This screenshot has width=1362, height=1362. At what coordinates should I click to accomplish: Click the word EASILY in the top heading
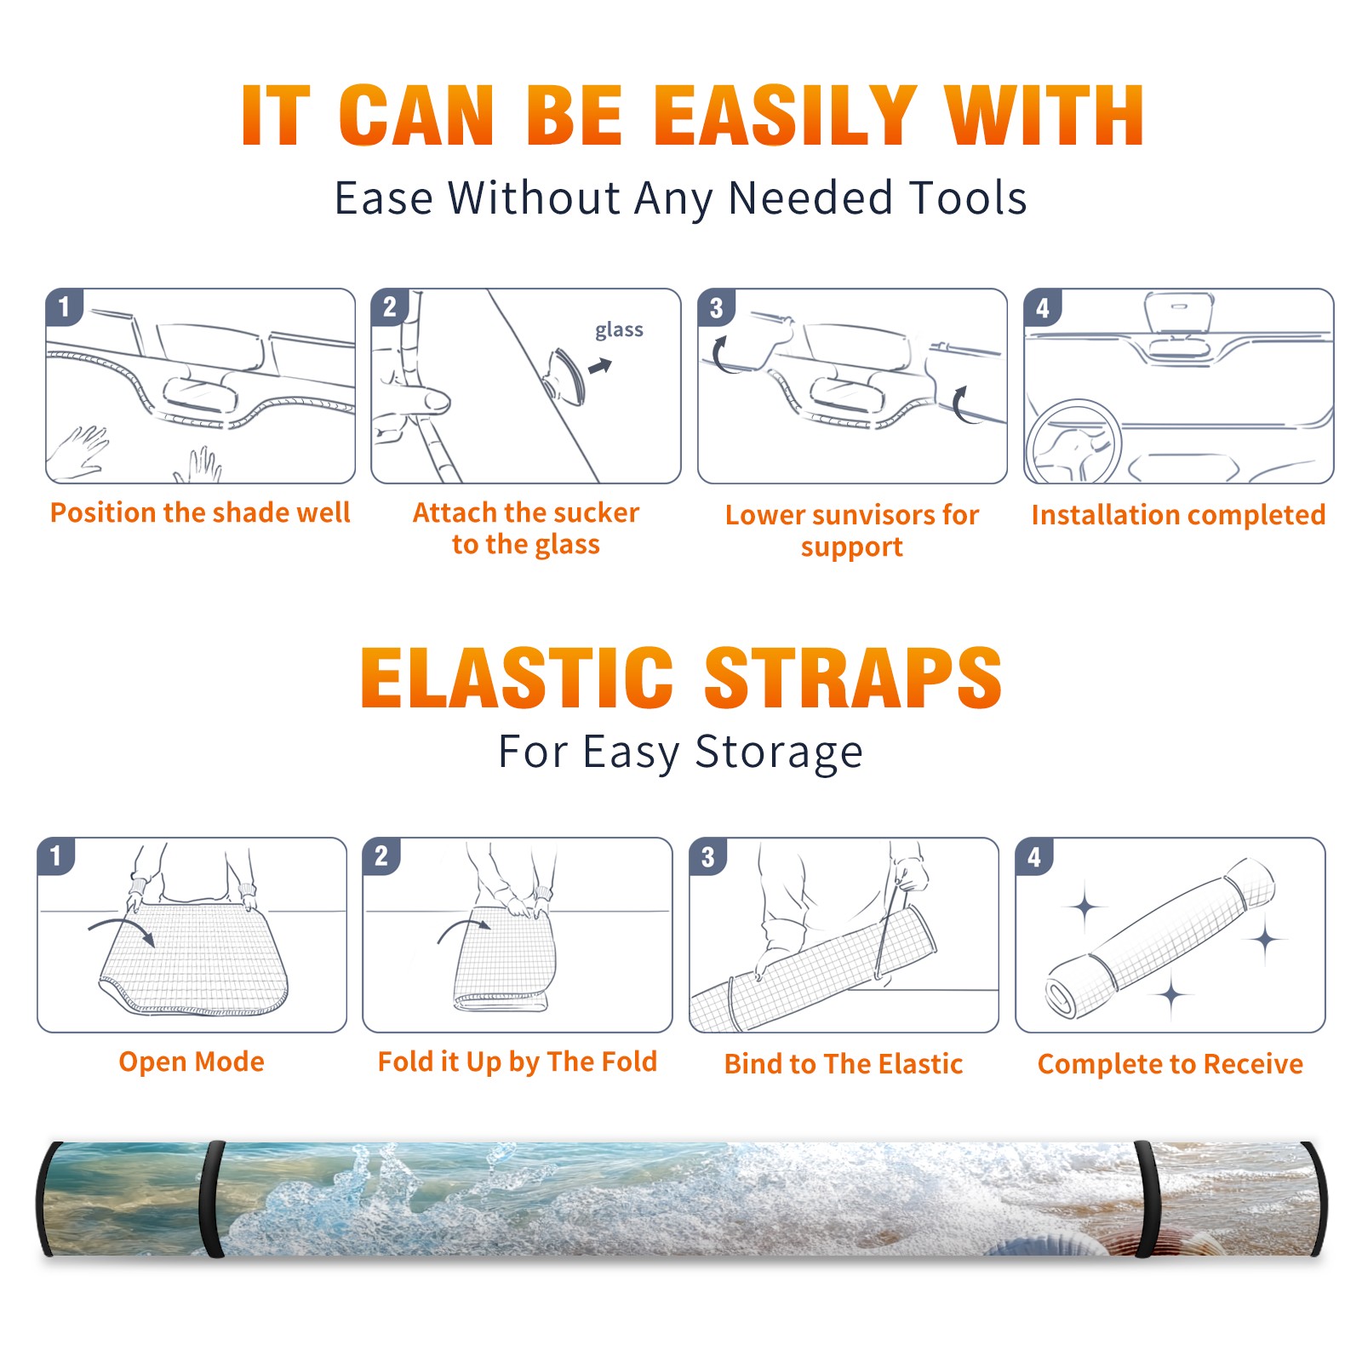(787, 116)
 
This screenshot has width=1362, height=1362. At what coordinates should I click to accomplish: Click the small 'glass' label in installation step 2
(619, 330)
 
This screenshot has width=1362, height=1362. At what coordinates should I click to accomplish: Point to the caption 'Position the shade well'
(200, 512)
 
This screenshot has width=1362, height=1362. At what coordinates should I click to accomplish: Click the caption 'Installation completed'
(1178, 514)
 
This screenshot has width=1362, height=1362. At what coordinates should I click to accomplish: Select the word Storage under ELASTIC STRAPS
(779, 753)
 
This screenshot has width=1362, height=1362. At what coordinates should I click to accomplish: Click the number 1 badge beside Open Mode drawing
(56, 856)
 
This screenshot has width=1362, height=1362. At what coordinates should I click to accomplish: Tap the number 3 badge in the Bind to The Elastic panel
(708, 856)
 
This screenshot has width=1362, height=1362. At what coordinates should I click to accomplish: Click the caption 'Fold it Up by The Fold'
(518, 1062)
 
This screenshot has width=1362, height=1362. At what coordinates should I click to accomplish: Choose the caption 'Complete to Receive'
(1170, 1064)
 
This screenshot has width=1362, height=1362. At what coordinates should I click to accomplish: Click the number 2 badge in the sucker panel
(390, 306)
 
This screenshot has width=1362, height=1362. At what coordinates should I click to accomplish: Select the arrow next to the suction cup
(600, 366)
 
